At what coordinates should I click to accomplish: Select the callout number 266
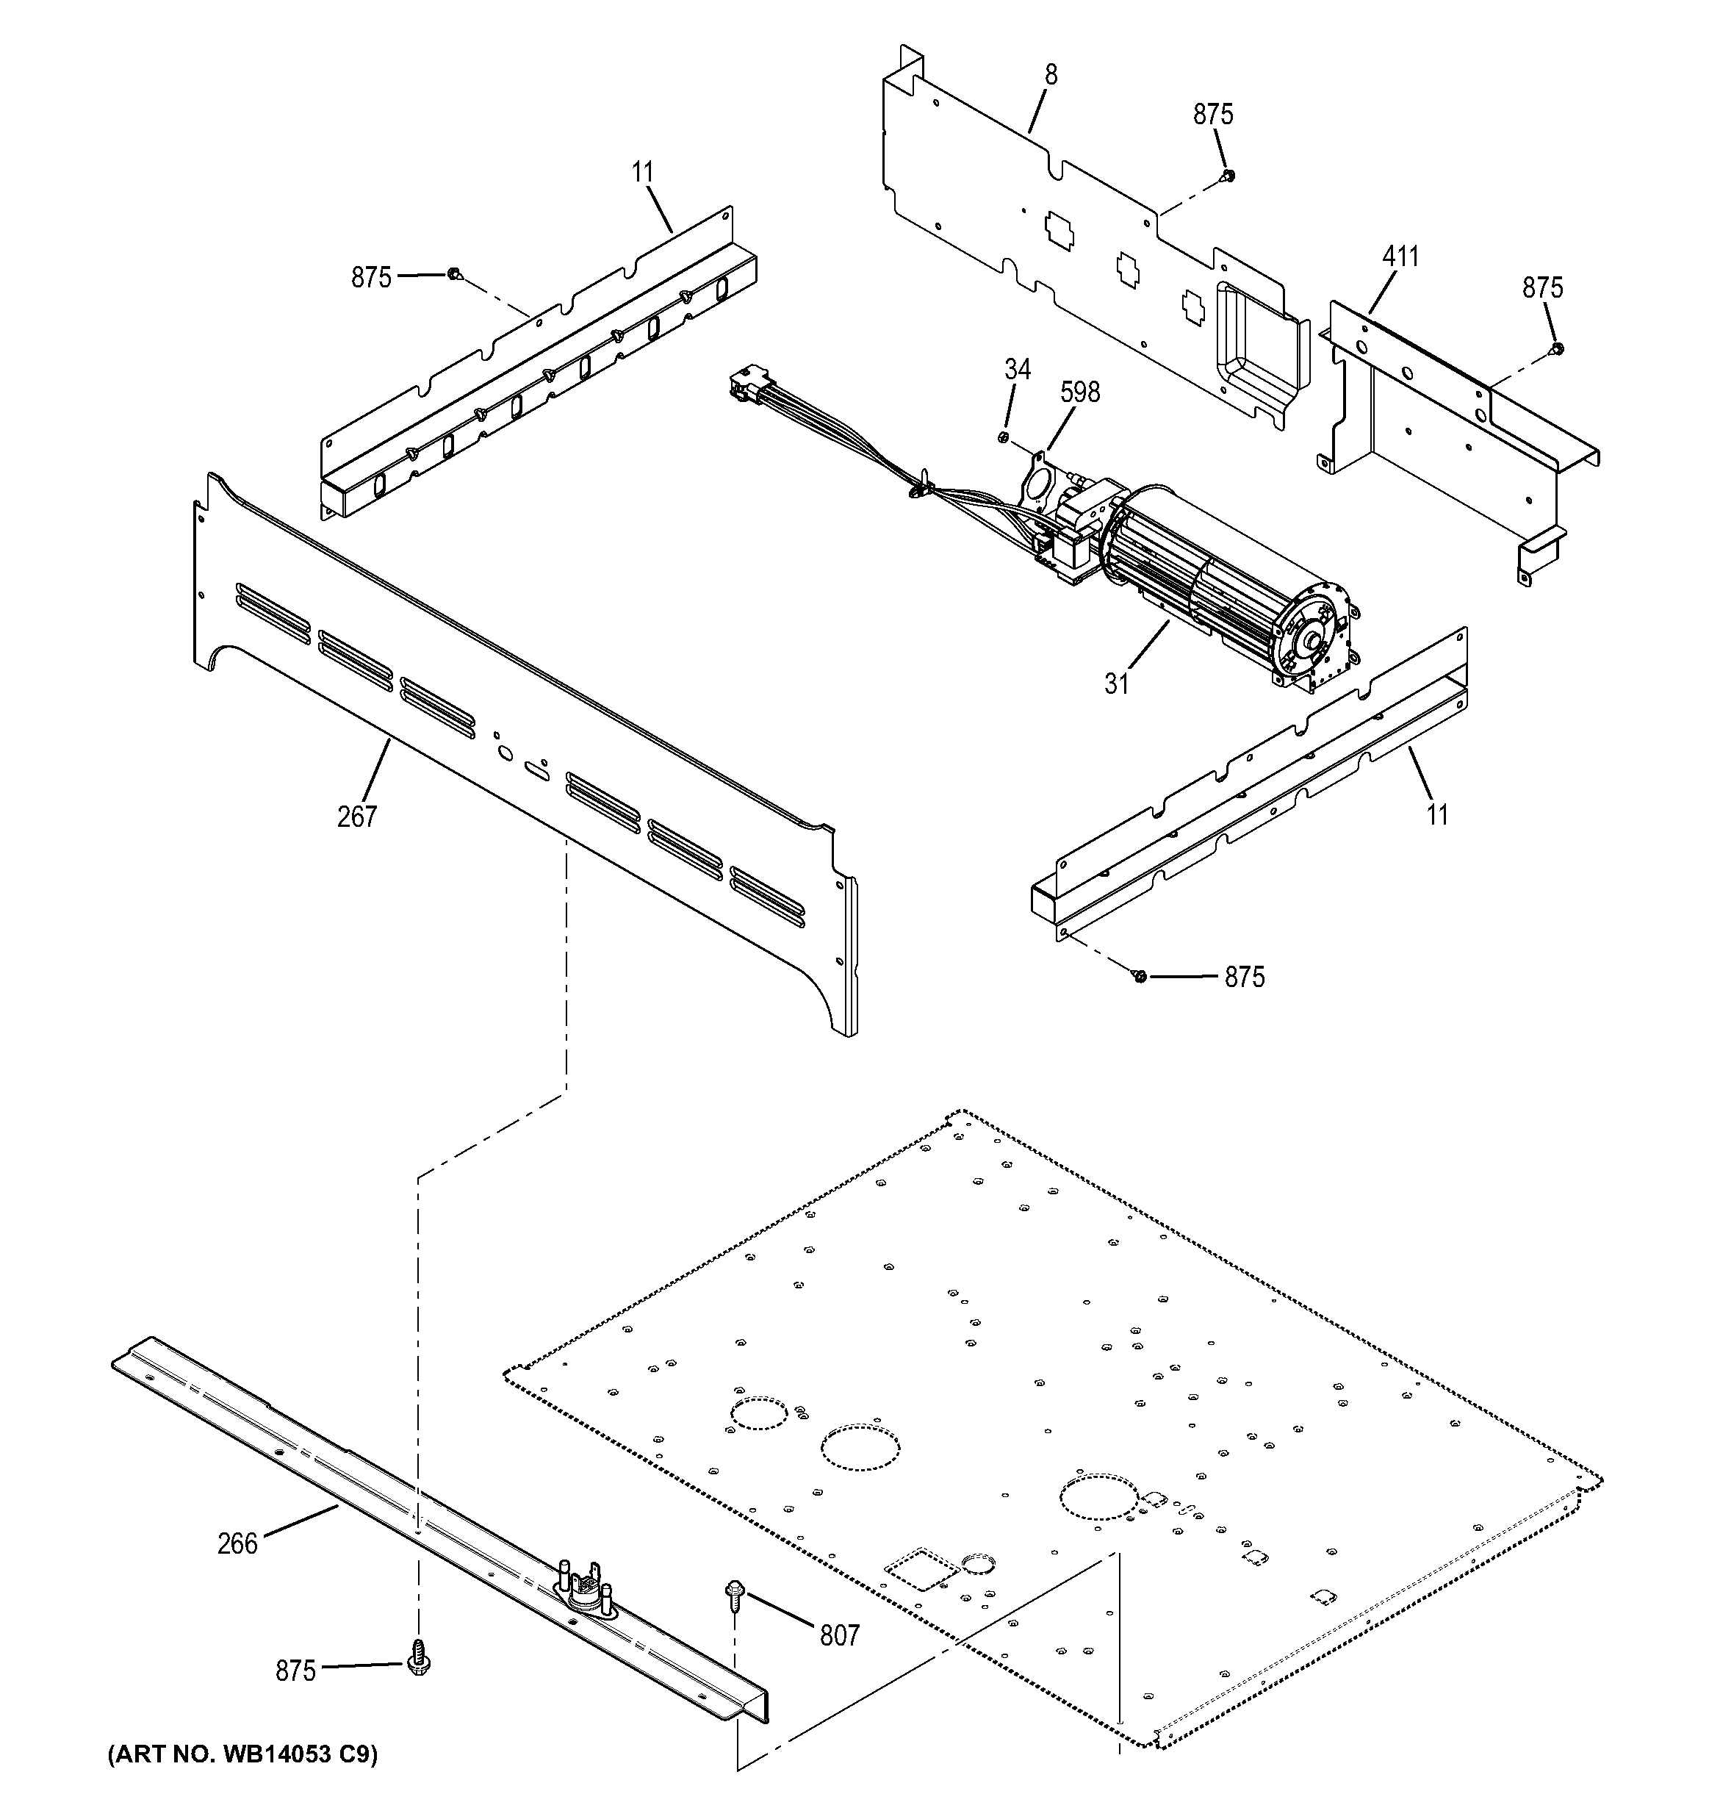238,1543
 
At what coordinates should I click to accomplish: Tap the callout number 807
839,1635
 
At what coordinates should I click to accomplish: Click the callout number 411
1400,257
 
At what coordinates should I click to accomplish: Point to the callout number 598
1079,392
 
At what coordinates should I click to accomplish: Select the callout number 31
1116,684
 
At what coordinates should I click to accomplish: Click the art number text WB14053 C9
242,1754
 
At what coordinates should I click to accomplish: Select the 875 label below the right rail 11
1244,977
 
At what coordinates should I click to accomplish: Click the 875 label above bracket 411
1541,287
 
